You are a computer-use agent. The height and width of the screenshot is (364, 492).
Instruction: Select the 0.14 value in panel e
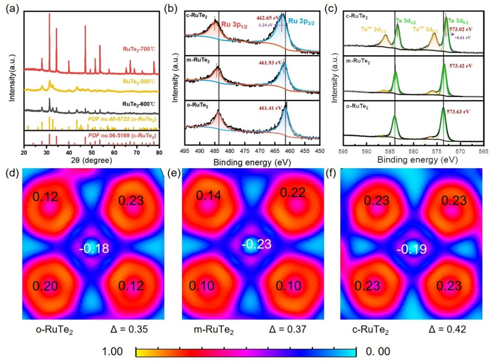click(x=208, y=195)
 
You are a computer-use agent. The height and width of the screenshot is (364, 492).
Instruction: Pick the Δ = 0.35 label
click(x=130, y=329)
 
